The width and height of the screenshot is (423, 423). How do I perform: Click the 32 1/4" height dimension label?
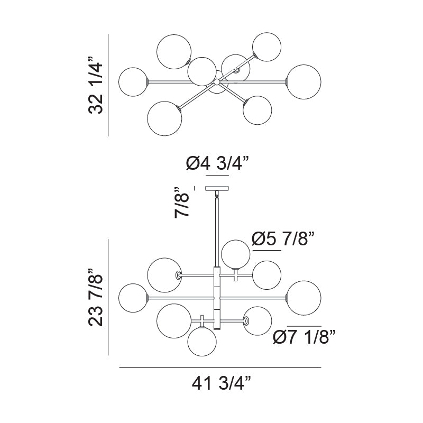click(96, 85)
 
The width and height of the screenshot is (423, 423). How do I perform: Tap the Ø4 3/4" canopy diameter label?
click(217, 163)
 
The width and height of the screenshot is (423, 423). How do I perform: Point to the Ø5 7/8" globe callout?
click(283, 238)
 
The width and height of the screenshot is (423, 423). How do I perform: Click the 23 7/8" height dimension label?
click(96, 297)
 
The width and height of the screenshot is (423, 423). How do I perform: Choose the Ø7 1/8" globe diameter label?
click(304, 337)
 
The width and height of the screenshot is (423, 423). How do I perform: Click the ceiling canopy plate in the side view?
click(217, 188)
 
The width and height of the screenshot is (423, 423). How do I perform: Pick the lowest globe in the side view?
click(202, 342)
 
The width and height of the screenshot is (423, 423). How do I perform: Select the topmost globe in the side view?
click(235, 254)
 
